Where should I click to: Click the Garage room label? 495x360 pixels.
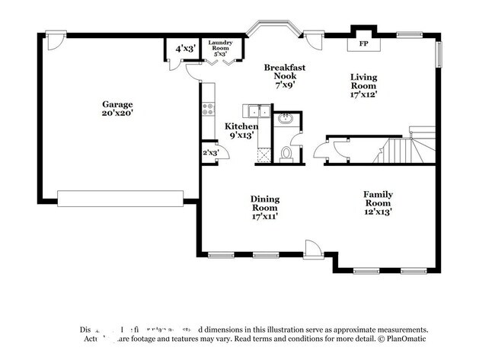pyautogui.click(x=118, y=108)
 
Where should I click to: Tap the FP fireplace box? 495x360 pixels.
pyautogui.click(x=362, y=44)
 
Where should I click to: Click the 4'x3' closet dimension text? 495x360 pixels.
pyautogui.click(x=185, y=49)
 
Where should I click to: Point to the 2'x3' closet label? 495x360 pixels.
pyautogui.click(x=209, y=152)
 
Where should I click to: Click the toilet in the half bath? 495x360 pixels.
pyautogui.click(x=287, y=154)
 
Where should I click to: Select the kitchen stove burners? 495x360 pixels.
pyautogui.click(x=206, y=110)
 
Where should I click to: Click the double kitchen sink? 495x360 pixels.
pyautogui.click(x=255, y=112)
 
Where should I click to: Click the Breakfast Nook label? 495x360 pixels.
pyautogui.click(x=285, y=76)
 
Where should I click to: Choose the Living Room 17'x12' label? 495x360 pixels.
pyautogui.click(x=363, y=85)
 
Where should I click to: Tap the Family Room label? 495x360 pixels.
pyautogui.click(x=377, y=202)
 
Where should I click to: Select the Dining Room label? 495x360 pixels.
pyautogui.click(x=264, y=207)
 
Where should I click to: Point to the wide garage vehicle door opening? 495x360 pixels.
pyautogui.click(x=120, y=199)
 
